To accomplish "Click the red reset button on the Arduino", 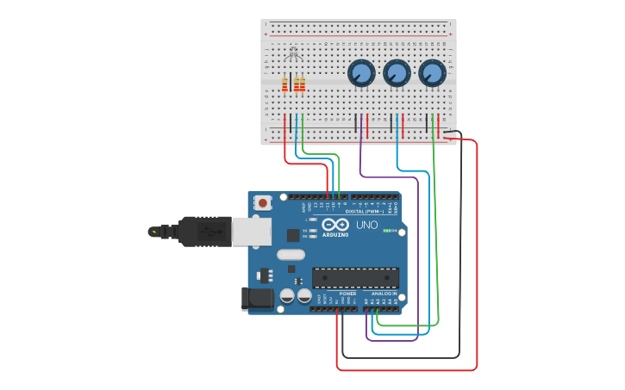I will [262, 203].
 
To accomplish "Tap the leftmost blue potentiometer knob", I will [361, 73].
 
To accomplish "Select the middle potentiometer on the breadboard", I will [397, 73].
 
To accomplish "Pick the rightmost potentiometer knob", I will [432, 73].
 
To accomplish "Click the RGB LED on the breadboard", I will [292, 54].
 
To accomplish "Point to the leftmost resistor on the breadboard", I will [284, 84].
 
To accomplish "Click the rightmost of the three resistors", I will [302, 84].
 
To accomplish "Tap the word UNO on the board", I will [367, 226].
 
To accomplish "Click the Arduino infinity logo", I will [335, 225].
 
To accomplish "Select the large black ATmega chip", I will [355, 278].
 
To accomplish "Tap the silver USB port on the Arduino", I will [251, 232].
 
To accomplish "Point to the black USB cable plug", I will [203, 231].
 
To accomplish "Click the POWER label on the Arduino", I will [347, 294].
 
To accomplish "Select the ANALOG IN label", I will [384, 294].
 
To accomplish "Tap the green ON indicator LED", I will [387, 231].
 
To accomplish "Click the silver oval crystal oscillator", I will [291, 254].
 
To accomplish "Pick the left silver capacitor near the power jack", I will [286, 295].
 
